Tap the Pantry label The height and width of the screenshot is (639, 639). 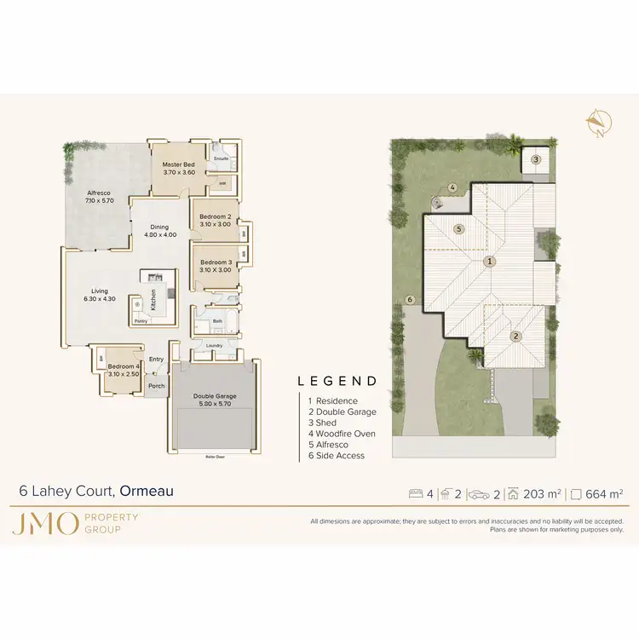coord(141,321)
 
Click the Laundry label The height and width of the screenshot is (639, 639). coord(214,345)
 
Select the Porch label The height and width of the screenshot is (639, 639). coord(156,386)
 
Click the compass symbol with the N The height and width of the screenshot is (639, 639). coord(596,124)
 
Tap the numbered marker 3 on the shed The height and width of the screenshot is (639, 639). coord(536,158)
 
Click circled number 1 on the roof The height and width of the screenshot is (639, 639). coord(490,262)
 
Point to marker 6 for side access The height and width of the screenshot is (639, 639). coord(410,300)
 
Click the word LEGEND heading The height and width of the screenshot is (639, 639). coord(337,381)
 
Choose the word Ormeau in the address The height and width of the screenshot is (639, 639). coord(147,491)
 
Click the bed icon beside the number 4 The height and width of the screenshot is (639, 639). coord(417,492)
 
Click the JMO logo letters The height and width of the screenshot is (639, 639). coord(45,524)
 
